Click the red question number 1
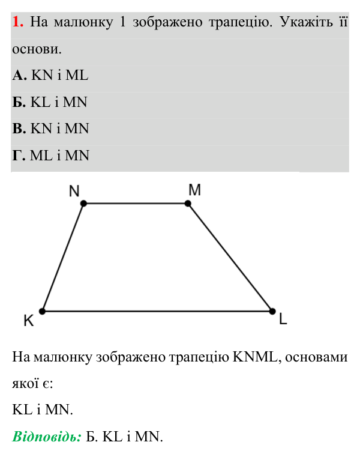coord(17,22)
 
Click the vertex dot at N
coord(83,204)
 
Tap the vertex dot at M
coord(188,204)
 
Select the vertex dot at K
coord(42,311)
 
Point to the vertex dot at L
coord(272,311)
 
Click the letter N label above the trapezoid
coord(74,191)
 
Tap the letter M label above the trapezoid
coord(194,190)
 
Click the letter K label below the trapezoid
coord(29,321)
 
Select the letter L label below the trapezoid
coord(283,318)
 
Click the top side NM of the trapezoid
coord(136,204)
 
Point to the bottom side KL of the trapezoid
coord(157,311)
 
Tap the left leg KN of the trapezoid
coord(63,258)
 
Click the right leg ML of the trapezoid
coord(230,258)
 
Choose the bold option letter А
coord(20,75)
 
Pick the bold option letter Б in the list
coord(19,102)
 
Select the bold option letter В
coord(19,129)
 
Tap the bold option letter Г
coord(19,156)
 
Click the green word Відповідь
coord(47,437)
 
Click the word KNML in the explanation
coord(255,357)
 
